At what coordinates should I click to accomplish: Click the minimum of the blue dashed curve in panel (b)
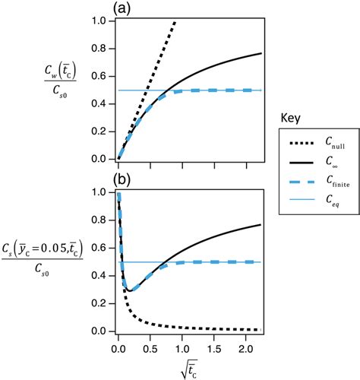131,290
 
